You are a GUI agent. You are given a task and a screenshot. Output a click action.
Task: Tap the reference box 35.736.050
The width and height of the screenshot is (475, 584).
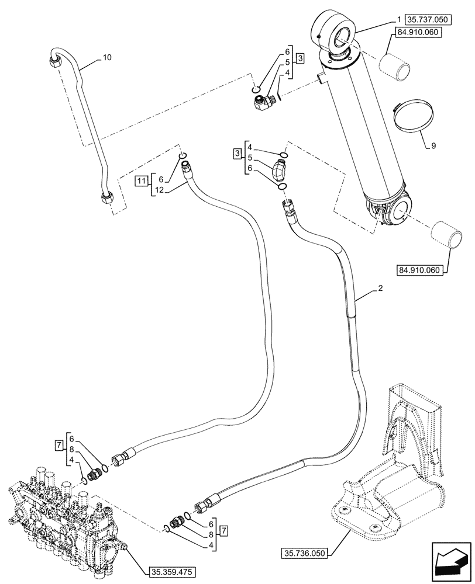[x=307, y=551]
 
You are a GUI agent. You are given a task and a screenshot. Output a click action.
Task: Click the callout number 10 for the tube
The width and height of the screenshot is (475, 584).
[x=106, y=57]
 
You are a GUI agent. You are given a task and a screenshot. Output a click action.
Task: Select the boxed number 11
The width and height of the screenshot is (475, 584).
[x=142, y=180]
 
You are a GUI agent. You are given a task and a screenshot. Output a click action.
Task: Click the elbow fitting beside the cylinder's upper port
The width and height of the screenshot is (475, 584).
[x=262, y=103]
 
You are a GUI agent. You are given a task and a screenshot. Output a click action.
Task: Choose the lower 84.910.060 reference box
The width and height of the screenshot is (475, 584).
[x=421, y=270]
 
